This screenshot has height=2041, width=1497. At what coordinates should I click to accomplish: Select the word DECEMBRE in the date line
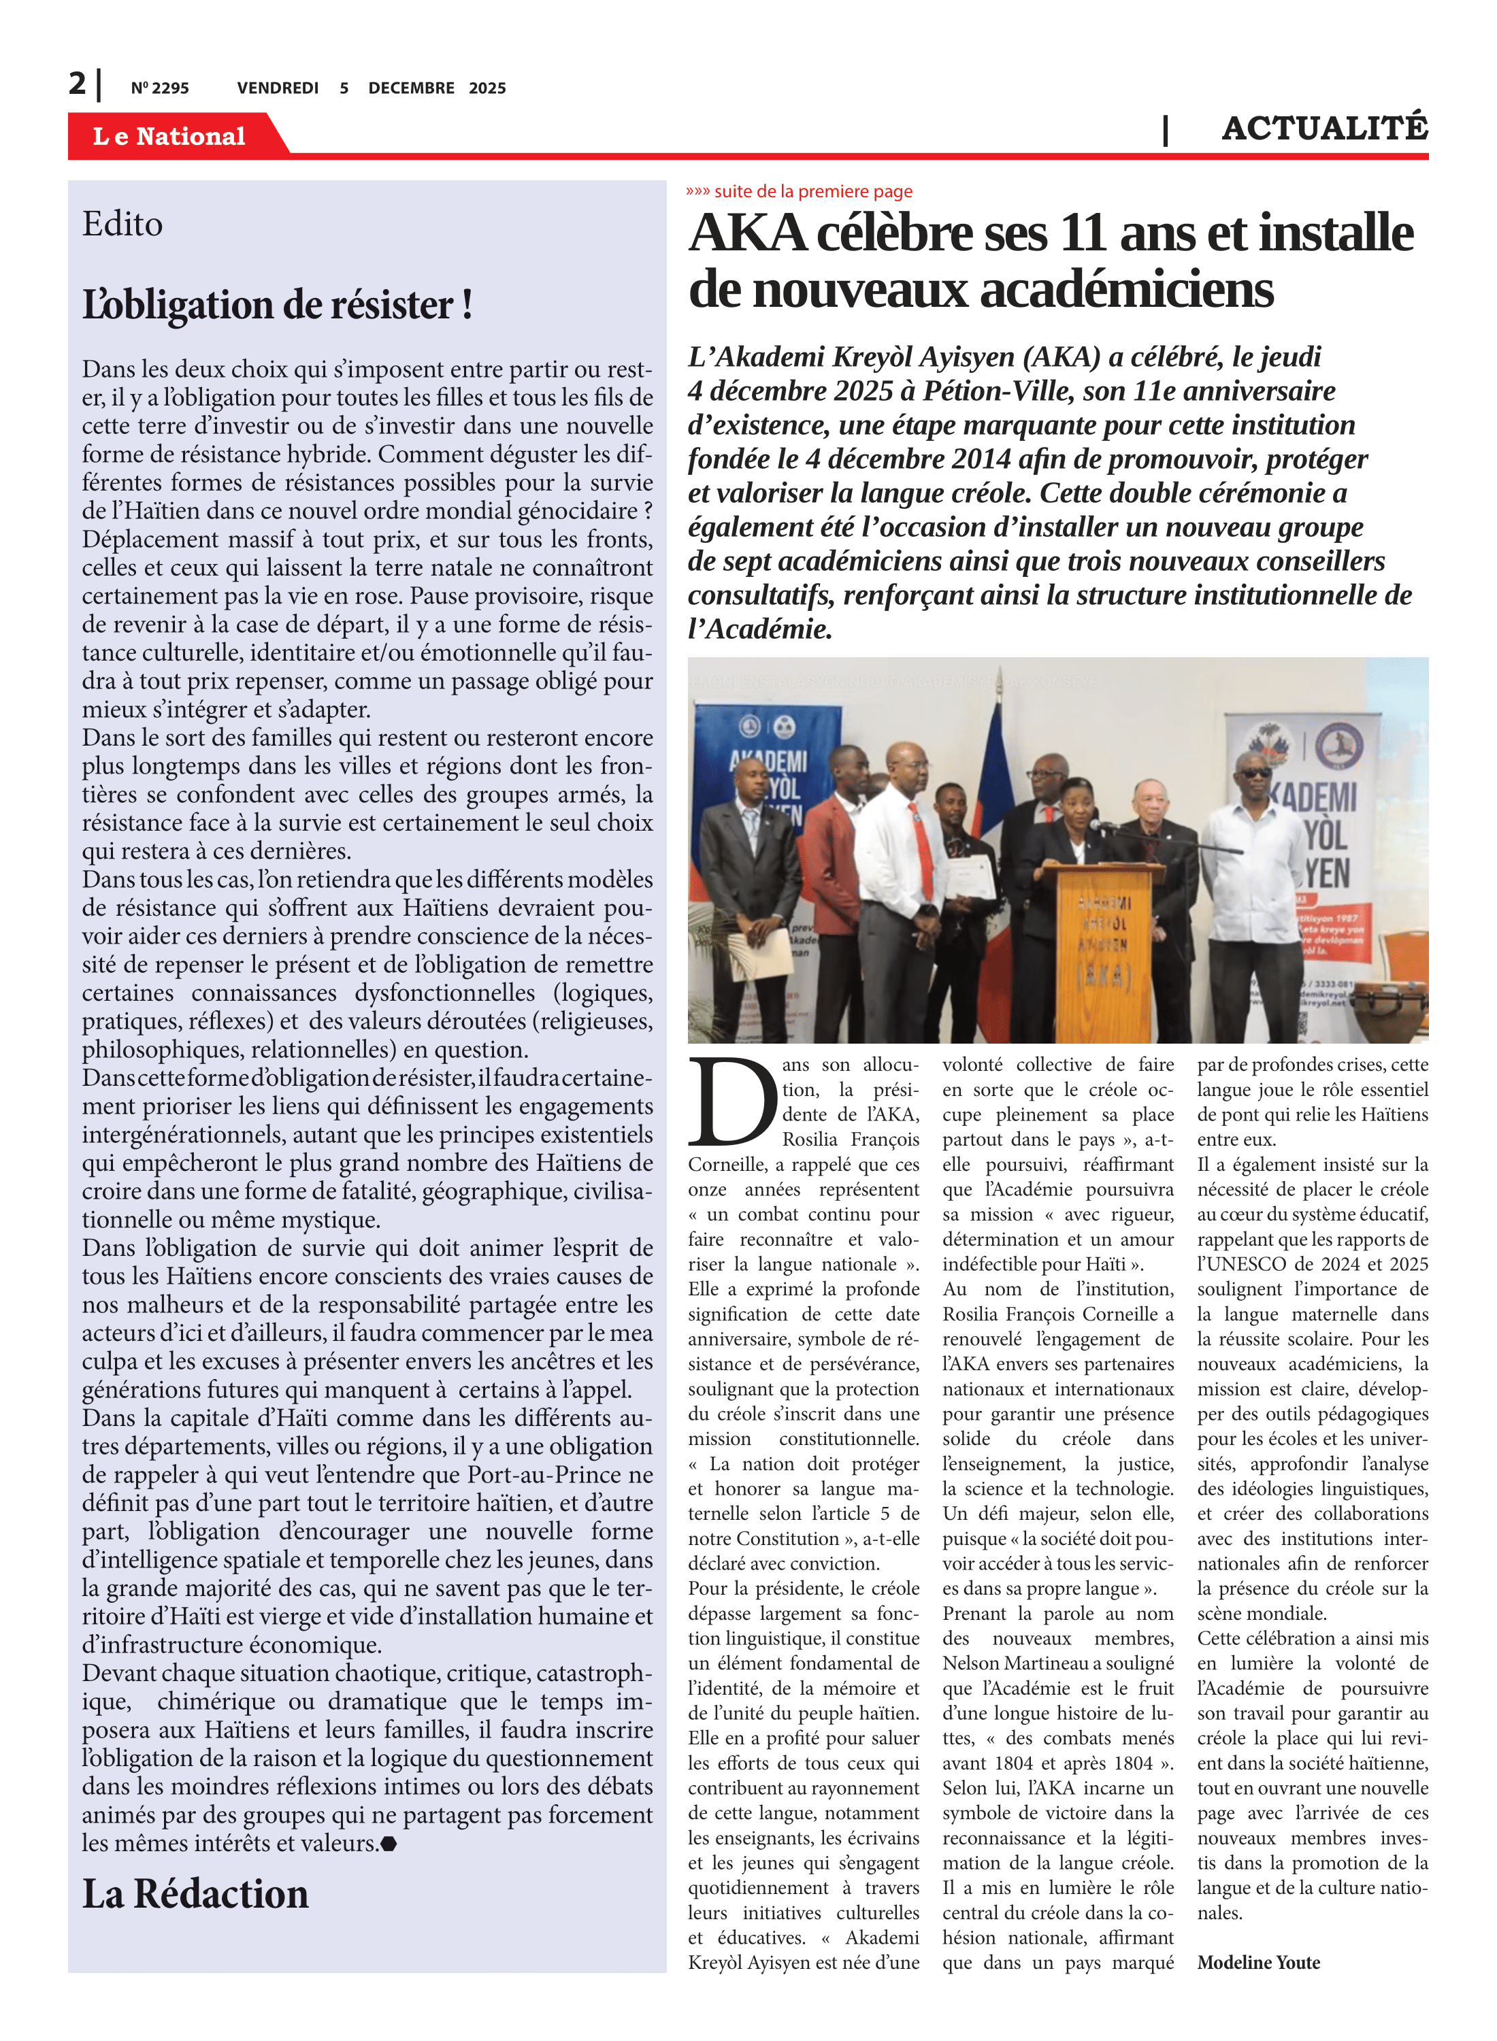[410, 88]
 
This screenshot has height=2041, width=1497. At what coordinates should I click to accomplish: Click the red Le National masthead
[169, 136]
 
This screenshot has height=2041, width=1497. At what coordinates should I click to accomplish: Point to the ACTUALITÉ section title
[1324, 129]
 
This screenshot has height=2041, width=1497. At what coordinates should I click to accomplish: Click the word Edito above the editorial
[122, 224]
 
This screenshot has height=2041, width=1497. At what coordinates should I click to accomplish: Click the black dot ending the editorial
[389, 1844]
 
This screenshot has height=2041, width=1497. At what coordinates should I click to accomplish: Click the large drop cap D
[732, 1101]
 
